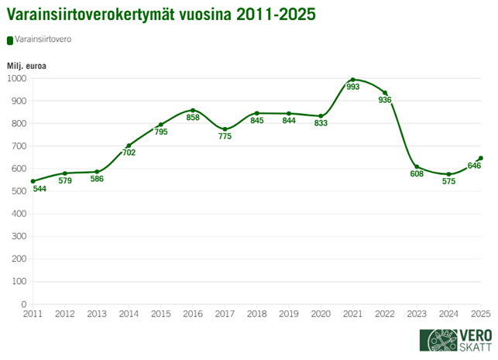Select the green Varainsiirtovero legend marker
click(9, 41)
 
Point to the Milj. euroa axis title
click(27, 66)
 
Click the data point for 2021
click(352, 80)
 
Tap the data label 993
click(353, 87)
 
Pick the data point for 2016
click(193, 110)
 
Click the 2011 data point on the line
click(33, 181)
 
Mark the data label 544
click(40, 189)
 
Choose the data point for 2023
click(417, 166)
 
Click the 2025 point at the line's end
click(481, 158)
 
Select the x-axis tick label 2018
click(257, 314)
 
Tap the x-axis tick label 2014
click(129, 314)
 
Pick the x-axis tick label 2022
click(385, 314)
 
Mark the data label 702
click(129, 153)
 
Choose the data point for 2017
click(225, 129)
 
